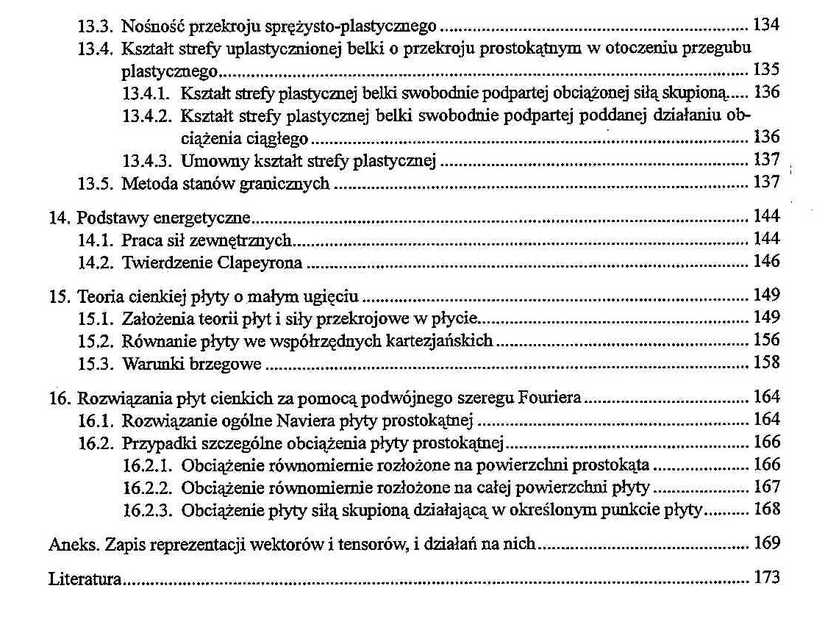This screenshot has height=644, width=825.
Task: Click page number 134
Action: (766, 26)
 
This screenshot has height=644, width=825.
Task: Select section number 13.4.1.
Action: (146, 93)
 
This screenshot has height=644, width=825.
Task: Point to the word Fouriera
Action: (549, 398)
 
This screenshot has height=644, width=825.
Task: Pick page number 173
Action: (766, 578)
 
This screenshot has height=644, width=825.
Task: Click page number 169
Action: (766, 544)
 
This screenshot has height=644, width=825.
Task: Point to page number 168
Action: (766, 509)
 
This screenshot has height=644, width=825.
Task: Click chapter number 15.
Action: (57, 296)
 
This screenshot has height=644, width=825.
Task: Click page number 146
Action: (766, 261)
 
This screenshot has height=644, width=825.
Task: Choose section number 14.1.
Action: (96, 240)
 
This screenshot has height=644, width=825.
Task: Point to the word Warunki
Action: (146, 363)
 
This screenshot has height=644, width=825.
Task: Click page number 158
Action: (766, 362)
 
